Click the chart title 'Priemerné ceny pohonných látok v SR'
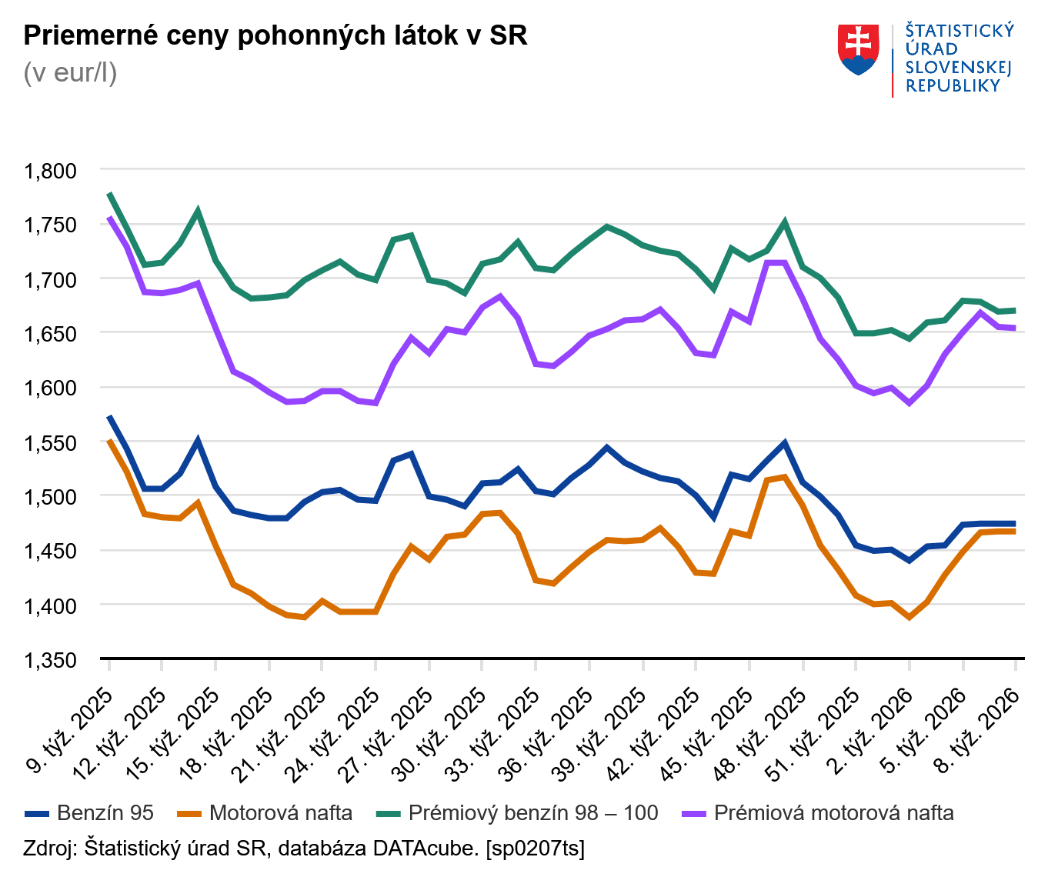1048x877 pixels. click(275, 35)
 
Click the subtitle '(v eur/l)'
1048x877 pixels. click(70, 73)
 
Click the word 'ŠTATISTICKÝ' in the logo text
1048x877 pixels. click(960, 31)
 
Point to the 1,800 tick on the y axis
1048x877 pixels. click(51, 170)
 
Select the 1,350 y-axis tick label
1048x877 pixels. click(51, 660)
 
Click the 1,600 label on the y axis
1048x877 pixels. click(51, 388)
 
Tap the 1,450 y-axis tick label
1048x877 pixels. click(51, 551)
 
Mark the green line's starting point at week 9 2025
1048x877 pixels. click(109, 193)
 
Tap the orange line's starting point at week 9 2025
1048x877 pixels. click(109, 440)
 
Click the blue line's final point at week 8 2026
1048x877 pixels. click(1015, 524)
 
